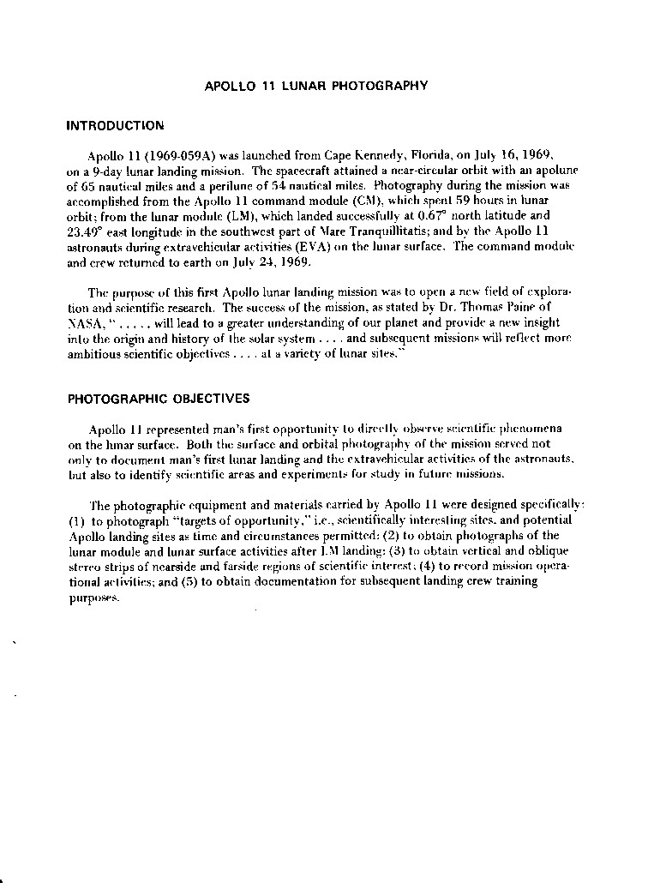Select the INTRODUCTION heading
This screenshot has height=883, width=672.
(x=115, y=125)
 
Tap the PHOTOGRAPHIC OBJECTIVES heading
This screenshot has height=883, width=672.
(x=159, y=399)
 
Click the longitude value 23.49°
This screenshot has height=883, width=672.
(x=85, y=231)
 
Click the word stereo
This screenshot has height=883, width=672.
(x=84, y=567)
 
